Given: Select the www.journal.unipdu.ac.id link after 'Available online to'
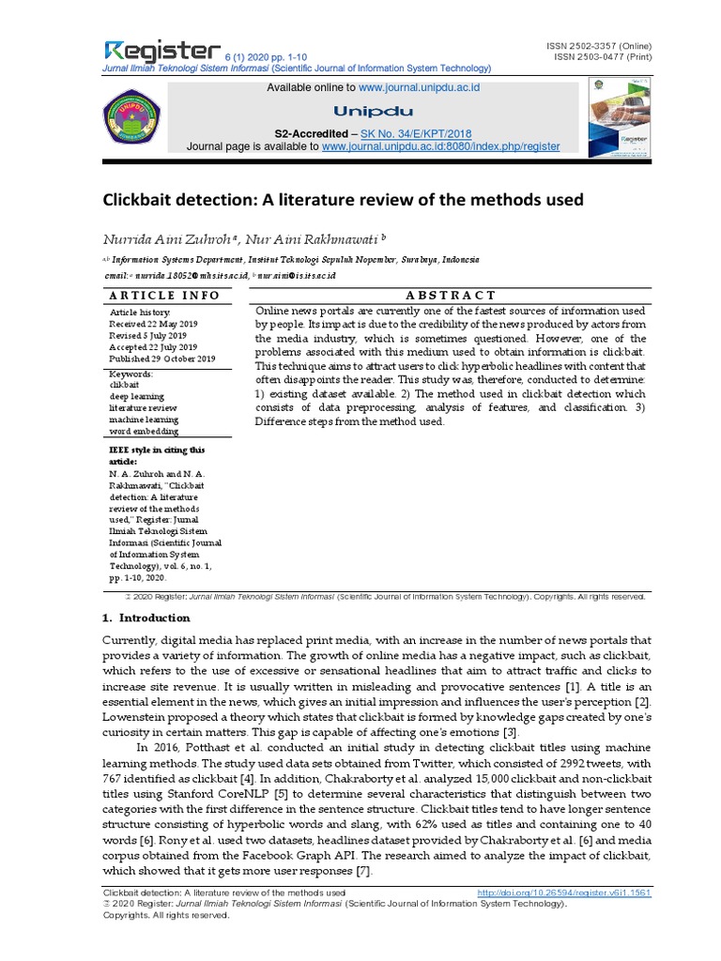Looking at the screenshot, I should pyautogui.click(x=419, y=86).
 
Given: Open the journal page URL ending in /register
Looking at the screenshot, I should pyautogui.click(x=440, y=147).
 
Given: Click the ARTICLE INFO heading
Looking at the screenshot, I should pyautogui.click(x=164, y=295).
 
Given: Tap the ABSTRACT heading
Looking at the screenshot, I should pyautogui.click(x=450, y=295).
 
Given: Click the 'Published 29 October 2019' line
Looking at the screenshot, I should pyautogui.click(x=162, y=359).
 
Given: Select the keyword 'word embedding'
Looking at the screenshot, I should pyautogui.click(x=144, y=431).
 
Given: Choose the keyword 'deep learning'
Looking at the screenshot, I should pyautogui.click(x=137, y=396).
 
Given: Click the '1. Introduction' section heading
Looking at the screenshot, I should pyautogui.click(x=146, y=618).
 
